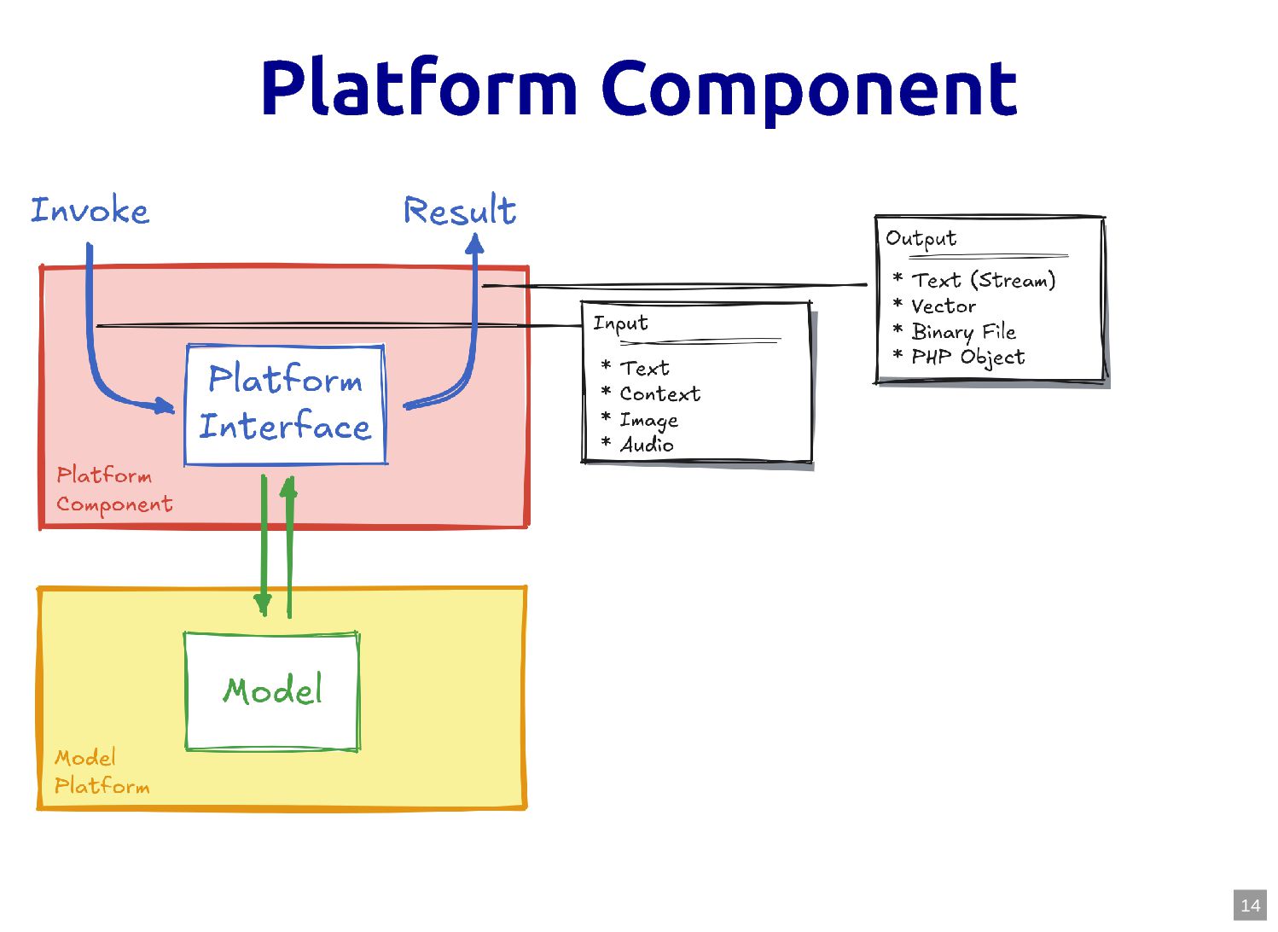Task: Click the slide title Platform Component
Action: tap(638, 88)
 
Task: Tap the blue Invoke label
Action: tap(90, 211)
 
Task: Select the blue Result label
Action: tap(460, 211)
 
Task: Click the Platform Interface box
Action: tap(285, 405)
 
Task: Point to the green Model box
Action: tap(272, 690)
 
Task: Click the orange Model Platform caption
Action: tap(101, 772)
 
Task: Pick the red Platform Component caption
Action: tap(113, 490)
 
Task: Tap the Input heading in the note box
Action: tap(620, 323)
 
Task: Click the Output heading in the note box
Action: tap(921, 238)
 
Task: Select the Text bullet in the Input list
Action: tap(644, 369)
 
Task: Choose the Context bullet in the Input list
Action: tap(659, 394)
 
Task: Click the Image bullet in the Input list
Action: tap(648, 420)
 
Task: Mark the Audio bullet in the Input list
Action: tap(647, 445)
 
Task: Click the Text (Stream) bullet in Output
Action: tap(983, 280)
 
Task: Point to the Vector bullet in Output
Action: tap(943, 306)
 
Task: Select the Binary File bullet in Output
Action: tap(963, 331)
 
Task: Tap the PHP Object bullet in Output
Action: tap(967, 357)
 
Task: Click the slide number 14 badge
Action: tap(1250, 906)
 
